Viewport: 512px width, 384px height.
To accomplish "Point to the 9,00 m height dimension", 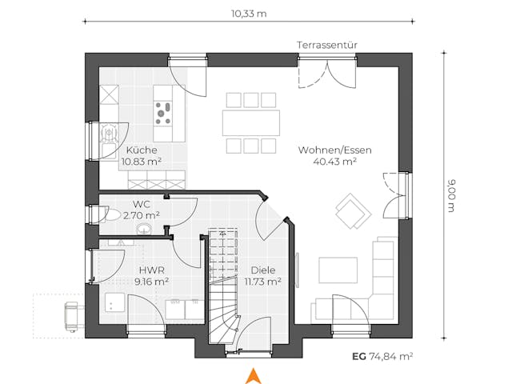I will click(452, 197).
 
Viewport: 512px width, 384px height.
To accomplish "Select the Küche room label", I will click(142, 150).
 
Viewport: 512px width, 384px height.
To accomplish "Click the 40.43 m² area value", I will click(334, 161).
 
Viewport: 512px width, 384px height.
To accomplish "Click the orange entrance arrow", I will click(254, 374).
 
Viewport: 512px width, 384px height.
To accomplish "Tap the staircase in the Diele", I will click(223, 284).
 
